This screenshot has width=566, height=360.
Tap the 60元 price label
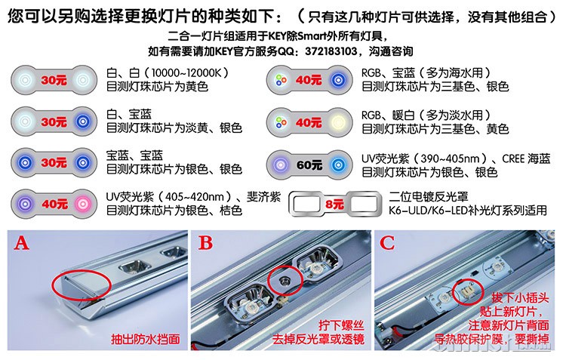[x=309, y=165]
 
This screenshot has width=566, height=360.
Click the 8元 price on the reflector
[x=334, y=204]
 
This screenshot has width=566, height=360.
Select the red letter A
[x=21, y=243]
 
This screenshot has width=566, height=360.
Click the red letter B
[x=205, y=243]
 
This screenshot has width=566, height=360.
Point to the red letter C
[x=387, y=243]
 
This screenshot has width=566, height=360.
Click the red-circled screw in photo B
[x=285, y=280]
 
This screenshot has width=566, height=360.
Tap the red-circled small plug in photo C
[x=468, y=291]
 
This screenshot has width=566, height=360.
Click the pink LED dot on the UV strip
[x=82, y=204]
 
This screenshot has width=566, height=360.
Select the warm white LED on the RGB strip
[x=338, y=122]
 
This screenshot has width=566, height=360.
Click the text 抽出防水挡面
[x=146, y=339]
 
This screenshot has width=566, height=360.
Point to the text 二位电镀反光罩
[x=429, y=197]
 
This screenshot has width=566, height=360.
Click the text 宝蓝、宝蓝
[x=134, y=155]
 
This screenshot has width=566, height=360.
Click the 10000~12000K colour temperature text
[x=186, y=73]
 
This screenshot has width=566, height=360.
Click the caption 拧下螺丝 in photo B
[x=341, y=326]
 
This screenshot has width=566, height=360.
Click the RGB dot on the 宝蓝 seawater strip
[x=281, y=80]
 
